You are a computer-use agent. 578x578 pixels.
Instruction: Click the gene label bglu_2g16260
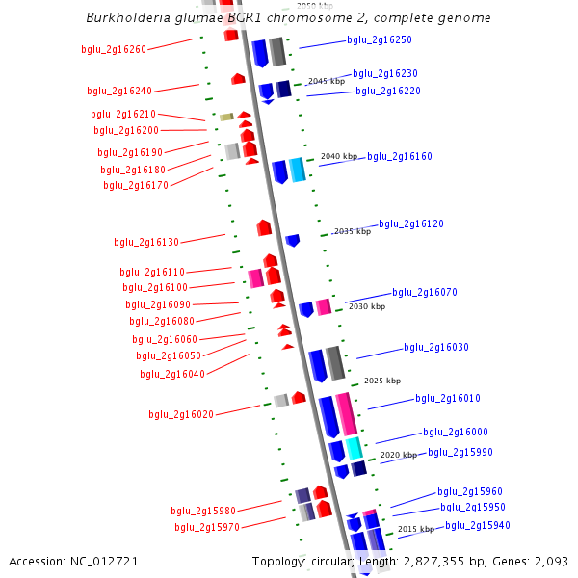click(x=114, y=50)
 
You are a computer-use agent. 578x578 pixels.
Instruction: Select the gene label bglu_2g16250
click(x=380, y=40)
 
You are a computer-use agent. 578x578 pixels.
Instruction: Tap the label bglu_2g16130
click(x=146, y=243)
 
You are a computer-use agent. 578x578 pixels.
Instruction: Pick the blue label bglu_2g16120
click(x=411, y=224)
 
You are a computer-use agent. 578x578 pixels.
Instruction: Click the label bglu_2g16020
click(x=181, y=415)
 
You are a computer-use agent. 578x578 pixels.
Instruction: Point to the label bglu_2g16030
click(x=436, y=348)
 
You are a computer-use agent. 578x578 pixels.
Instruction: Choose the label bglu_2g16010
click(x=448, y=399)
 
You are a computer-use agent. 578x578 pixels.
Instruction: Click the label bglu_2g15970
click(x=207, y=528)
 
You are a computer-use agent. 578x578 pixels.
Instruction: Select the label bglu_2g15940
click(x=478, y=526)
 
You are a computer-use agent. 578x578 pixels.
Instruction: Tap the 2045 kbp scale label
click(x=326, y=82)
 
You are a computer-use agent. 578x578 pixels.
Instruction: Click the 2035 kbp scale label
click(x=352, y=232)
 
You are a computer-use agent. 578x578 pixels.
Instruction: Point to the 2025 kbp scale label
click(x=381, y=381)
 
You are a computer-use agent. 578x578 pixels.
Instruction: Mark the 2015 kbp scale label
click(x=415, y=530)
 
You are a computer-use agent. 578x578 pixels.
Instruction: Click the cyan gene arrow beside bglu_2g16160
click(x=298, y=170)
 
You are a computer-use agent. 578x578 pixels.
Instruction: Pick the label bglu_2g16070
click(x=425, y=293)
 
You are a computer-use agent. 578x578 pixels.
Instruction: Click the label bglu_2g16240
click(x=119, y=92)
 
